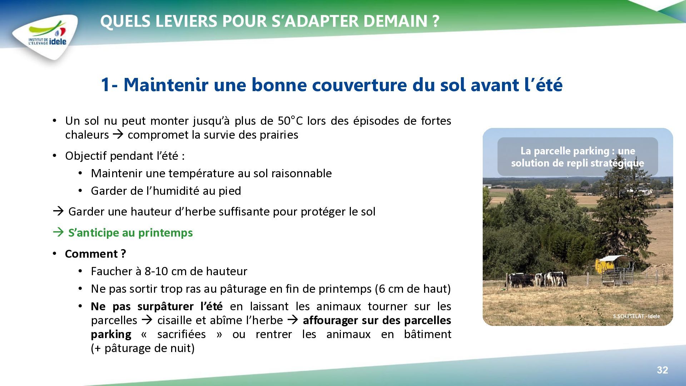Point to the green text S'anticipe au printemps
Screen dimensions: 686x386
(130, 233)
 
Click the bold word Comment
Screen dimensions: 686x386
(91, 254)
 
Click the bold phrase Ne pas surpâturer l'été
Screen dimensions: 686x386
(156, 306)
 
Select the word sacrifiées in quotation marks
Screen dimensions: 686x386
(182, 334)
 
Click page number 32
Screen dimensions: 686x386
(662, 370)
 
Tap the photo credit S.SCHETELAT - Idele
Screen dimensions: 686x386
(636, 316)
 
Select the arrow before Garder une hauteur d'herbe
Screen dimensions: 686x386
(58, 211)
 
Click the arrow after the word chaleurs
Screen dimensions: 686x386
(118, 134)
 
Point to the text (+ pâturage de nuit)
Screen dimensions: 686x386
(143, 348)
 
